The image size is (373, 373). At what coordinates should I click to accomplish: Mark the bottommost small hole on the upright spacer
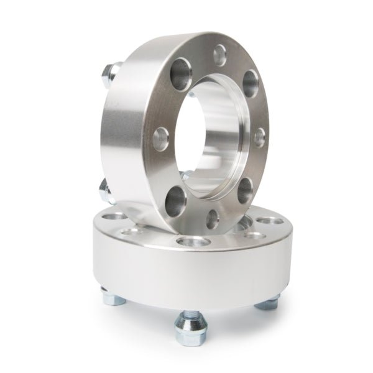214,219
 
